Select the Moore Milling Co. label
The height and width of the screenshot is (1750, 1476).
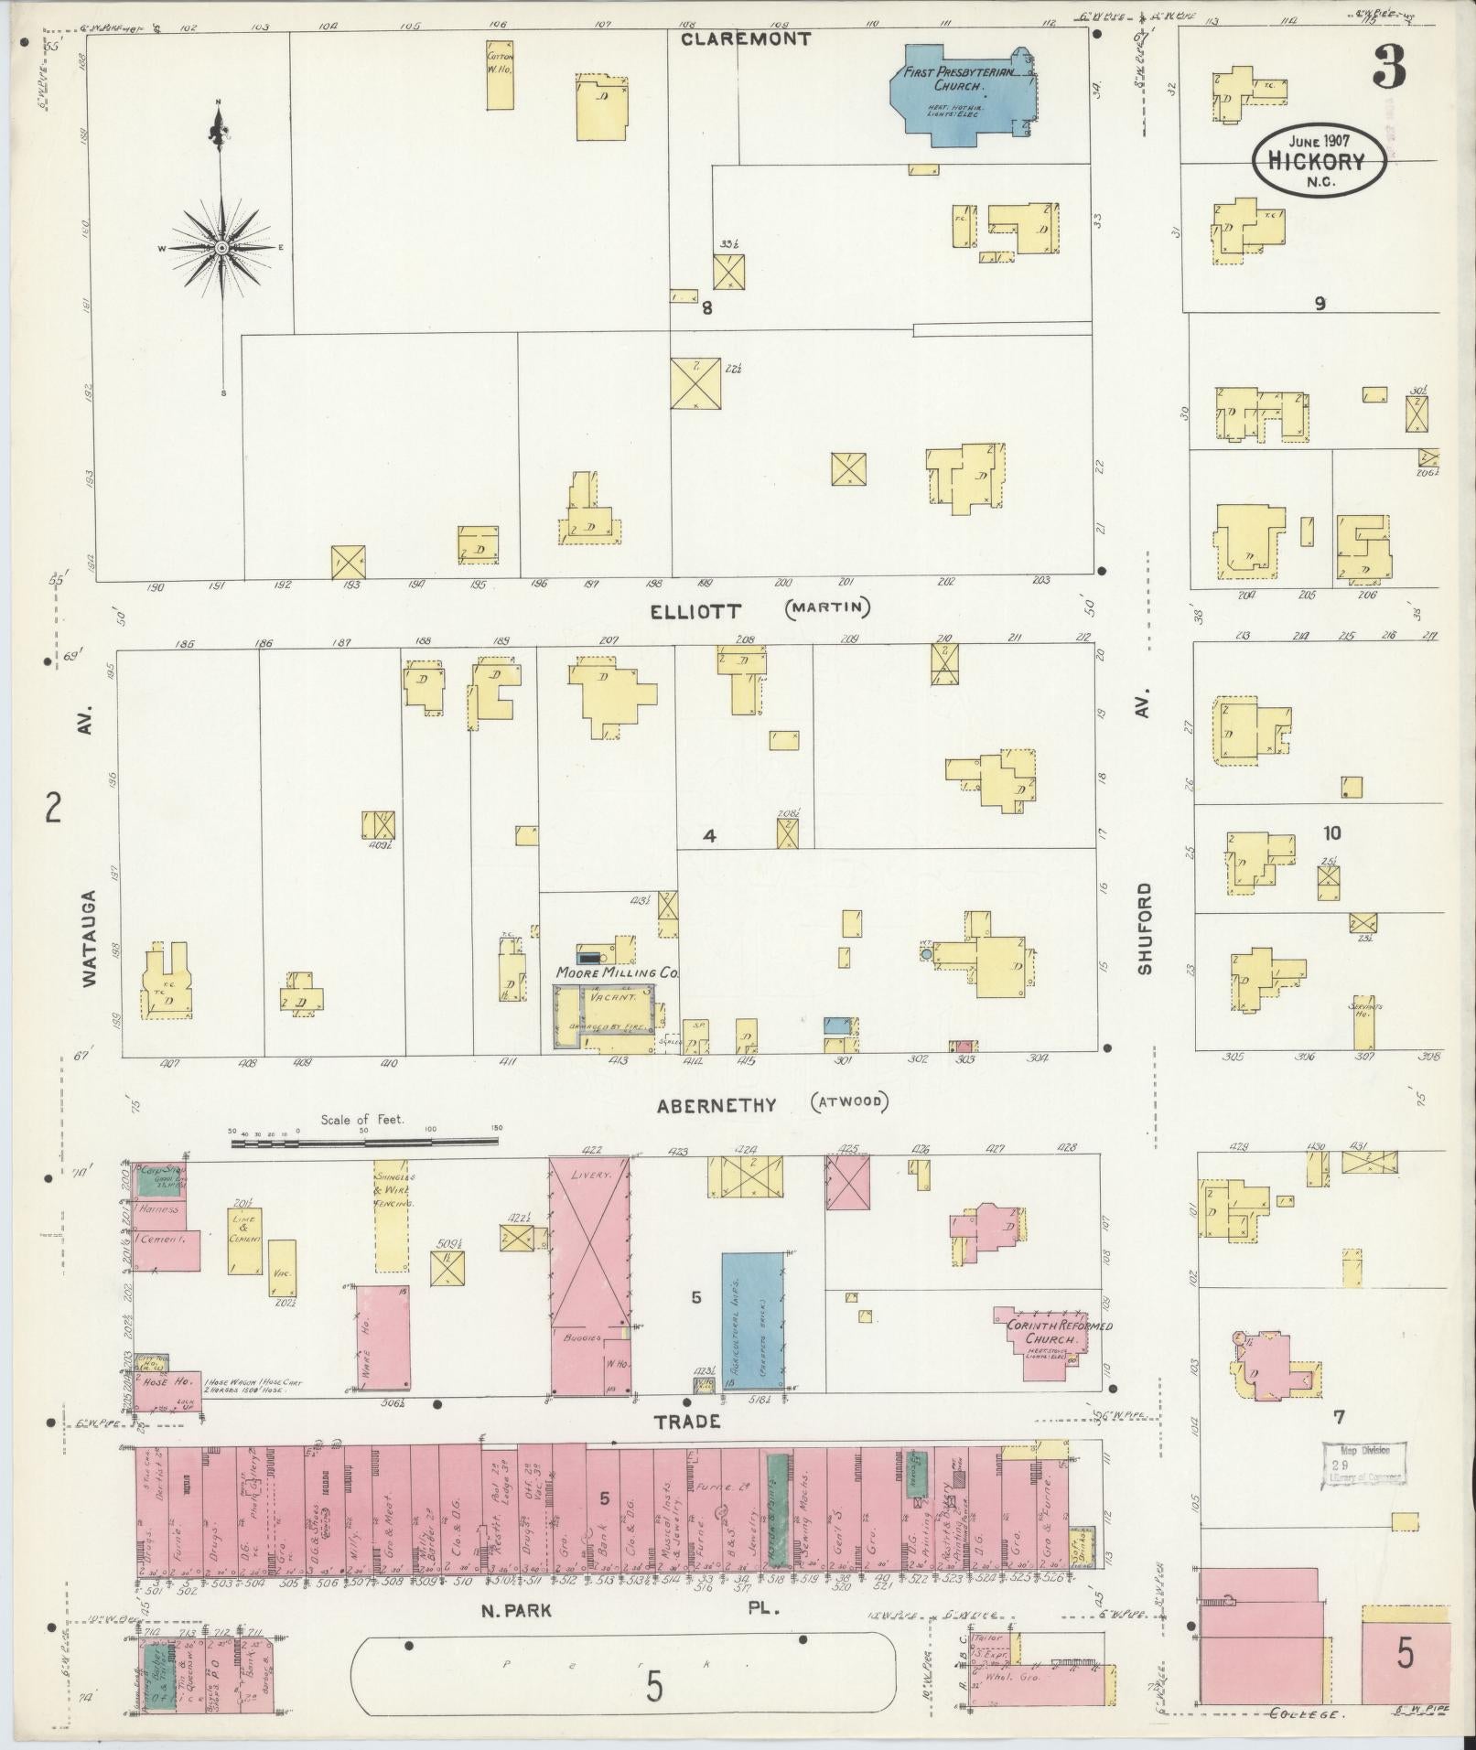coord(615,974)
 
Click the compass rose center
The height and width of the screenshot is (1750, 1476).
coord(221,248)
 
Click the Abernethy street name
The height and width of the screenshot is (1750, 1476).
coord(716,1105)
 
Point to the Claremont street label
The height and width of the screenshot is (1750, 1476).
coord(745,39)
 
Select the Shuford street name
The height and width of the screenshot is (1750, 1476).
coord(1145,927)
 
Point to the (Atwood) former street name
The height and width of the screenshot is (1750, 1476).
coord(848,1102)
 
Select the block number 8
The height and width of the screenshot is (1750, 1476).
coord(706,308)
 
